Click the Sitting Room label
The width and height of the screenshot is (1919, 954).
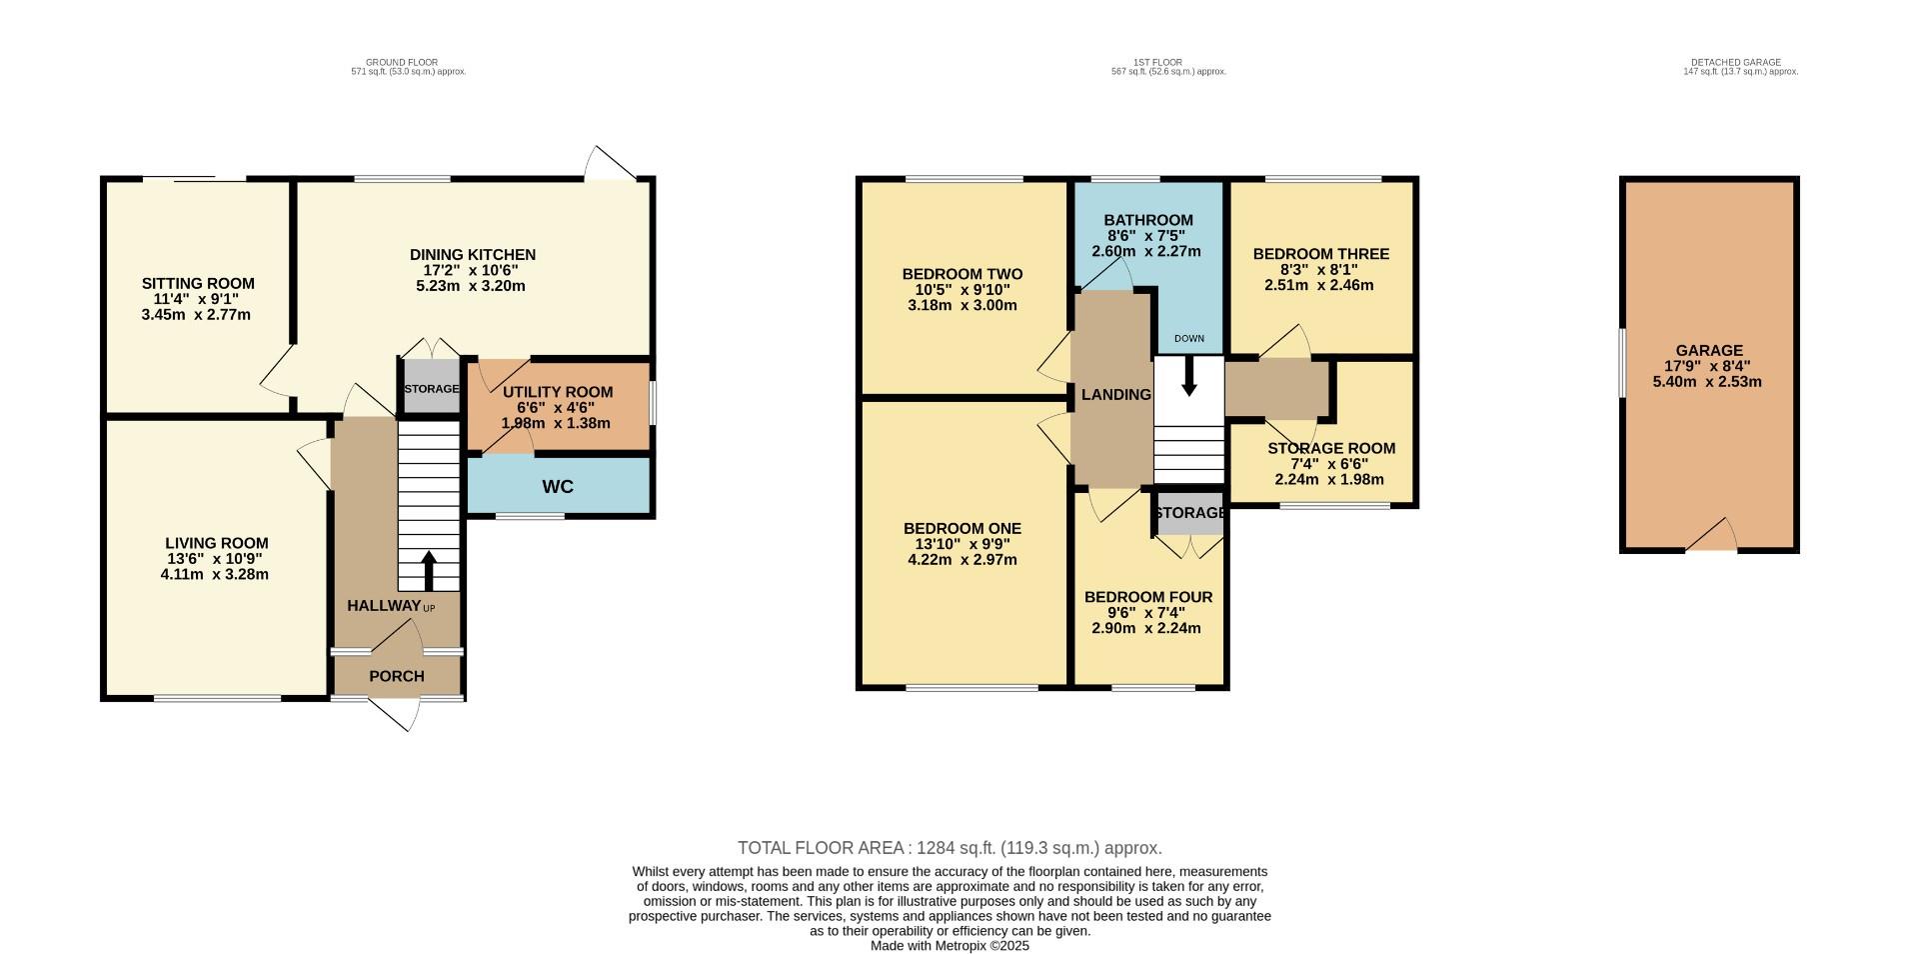[198, 284]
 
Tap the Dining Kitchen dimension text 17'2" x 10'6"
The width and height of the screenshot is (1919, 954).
[471, 271]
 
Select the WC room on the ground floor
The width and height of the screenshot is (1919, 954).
[558, 487]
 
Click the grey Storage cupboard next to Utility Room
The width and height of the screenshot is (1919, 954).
[431, 389]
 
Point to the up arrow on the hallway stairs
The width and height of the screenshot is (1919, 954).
[429, 570]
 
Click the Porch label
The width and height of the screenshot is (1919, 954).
[397, 677]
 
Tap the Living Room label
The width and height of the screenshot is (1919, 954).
[217, 544]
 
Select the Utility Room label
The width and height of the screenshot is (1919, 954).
[558, 392]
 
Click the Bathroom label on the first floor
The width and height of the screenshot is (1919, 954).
[1148, 220]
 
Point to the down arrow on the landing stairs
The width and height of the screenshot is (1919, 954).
[1188, 377]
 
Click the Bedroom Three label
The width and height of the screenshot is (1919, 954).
[1320, 254]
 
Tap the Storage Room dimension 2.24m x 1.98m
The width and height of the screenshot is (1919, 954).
[1329, 480]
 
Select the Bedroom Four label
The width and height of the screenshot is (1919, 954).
[1148, 597]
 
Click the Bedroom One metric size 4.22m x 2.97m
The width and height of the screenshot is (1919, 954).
[961, 560]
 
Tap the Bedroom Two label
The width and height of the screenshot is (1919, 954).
[961, 274]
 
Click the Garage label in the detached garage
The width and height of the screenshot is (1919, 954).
[1709, 351]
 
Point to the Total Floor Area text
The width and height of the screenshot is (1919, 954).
[950, 848]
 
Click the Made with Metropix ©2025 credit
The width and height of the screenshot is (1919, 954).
[950, 946]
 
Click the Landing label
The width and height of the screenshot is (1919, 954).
[1115, 395]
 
